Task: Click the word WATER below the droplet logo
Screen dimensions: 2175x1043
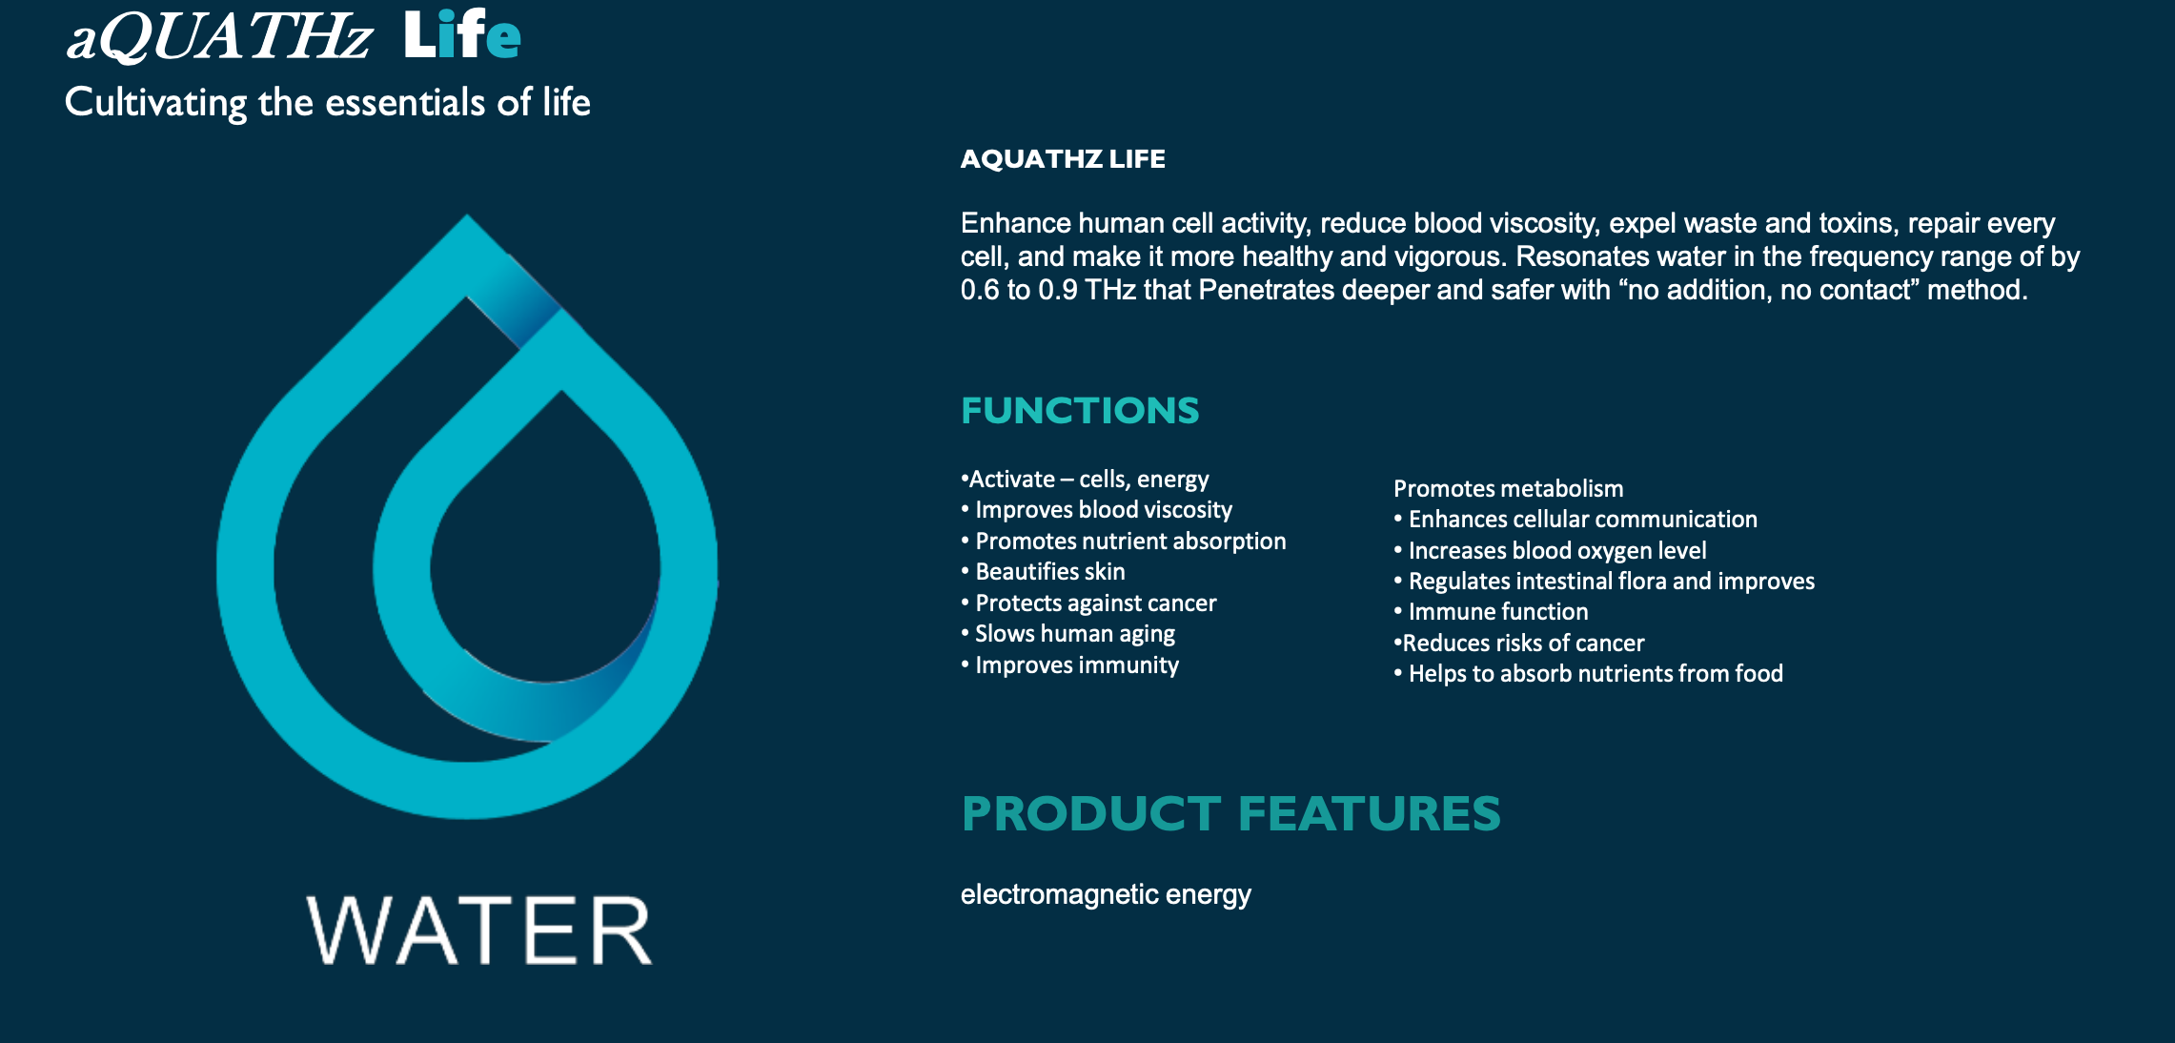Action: click(479, 931)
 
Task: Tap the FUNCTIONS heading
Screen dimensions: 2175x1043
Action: click(1080, 411)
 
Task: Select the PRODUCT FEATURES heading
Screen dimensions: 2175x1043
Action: click(1231, 813)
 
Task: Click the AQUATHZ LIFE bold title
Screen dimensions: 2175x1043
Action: click(1063, 158)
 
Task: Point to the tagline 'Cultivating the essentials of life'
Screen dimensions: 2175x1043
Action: click(328, 103)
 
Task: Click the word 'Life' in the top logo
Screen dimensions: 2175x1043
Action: click(462, 35)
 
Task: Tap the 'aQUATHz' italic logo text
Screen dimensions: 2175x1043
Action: click(218, 37)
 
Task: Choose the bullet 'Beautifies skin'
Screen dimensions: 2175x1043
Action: click(1044, 572)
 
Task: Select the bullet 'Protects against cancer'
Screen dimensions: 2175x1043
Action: click(1089, 603)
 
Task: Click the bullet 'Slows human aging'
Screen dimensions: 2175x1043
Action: click(1068, 634)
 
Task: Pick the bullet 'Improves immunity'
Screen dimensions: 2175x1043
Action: click(1070, 665)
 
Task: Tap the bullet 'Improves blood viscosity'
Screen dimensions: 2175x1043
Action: click(1097, 510)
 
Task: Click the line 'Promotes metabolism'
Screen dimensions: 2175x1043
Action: click(1509, 489)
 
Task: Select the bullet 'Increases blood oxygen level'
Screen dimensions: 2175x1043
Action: click(1551, 551)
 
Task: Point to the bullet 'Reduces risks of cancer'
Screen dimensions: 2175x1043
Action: click(1519, 644)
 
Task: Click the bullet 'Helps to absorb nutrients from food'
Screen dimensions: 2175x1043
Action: click(1589, 674)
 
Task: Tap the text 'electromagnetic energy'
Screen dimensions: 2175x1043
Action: click(1106, 894)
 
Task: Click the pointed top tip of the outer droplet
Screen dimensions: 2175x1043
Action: click(467, 215)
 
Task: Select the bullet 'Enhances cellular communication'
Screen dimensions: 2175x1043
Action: click(1575, 520)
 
